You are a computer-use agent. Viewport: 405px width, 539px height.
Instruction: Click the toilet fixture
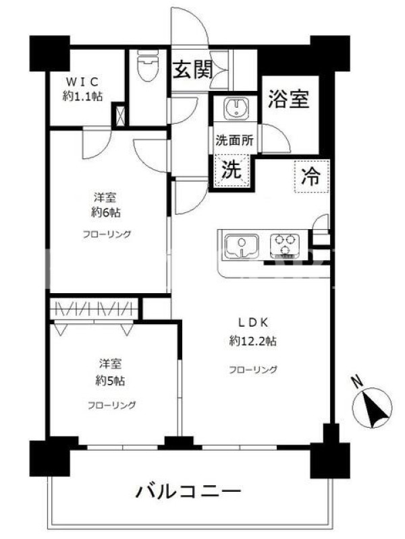click(x=148, y=66)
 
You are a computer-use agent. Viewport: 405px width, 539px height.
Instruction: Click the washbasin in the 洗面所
click(x=236, y=107)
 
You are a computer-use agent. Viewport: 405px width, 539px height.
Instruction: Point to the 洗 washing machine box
click(x=232, y=170)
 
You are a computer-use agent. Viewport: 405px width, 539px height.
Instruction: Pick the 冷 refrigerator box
click(x=312, y=177)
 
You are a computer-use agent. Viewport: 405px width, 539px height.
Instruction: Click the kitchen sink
click(x=242, y=246)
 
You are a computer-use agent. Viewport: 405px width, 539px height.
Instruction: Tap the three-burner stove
click(x=284, y=246)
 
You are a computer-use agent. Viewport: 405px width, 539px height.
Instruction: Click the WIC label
click(x=82, y=82)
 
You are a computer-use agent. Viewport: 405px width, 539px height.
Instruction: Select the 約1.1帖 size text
click(x=82, y=96)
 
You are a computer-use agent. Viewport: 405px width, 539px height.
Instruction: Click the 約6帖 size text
click(x=106, y=213)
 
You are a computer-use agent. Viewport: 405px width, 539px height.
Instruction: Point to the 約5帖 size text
click(x=110, y=381)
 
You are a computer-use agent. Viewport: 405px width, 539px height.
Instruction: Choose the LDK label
click(x=254, y=323)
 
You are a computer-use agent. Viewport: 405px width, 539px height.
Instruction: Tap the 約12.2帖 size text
click(x=253, y=341)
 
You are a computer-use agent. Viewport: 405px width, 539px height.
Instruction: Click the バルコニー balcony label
click(x=188, y=492)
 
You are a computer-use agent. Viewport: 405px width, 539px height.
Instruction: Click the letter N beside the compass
click(x=357, y=381)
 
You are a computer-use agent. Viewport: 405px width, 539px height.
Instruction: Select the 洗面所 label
click(x=235, y=140)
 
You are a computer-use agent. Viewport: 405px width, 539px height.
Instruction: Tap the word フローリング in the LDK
click(x=253, y=370)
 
